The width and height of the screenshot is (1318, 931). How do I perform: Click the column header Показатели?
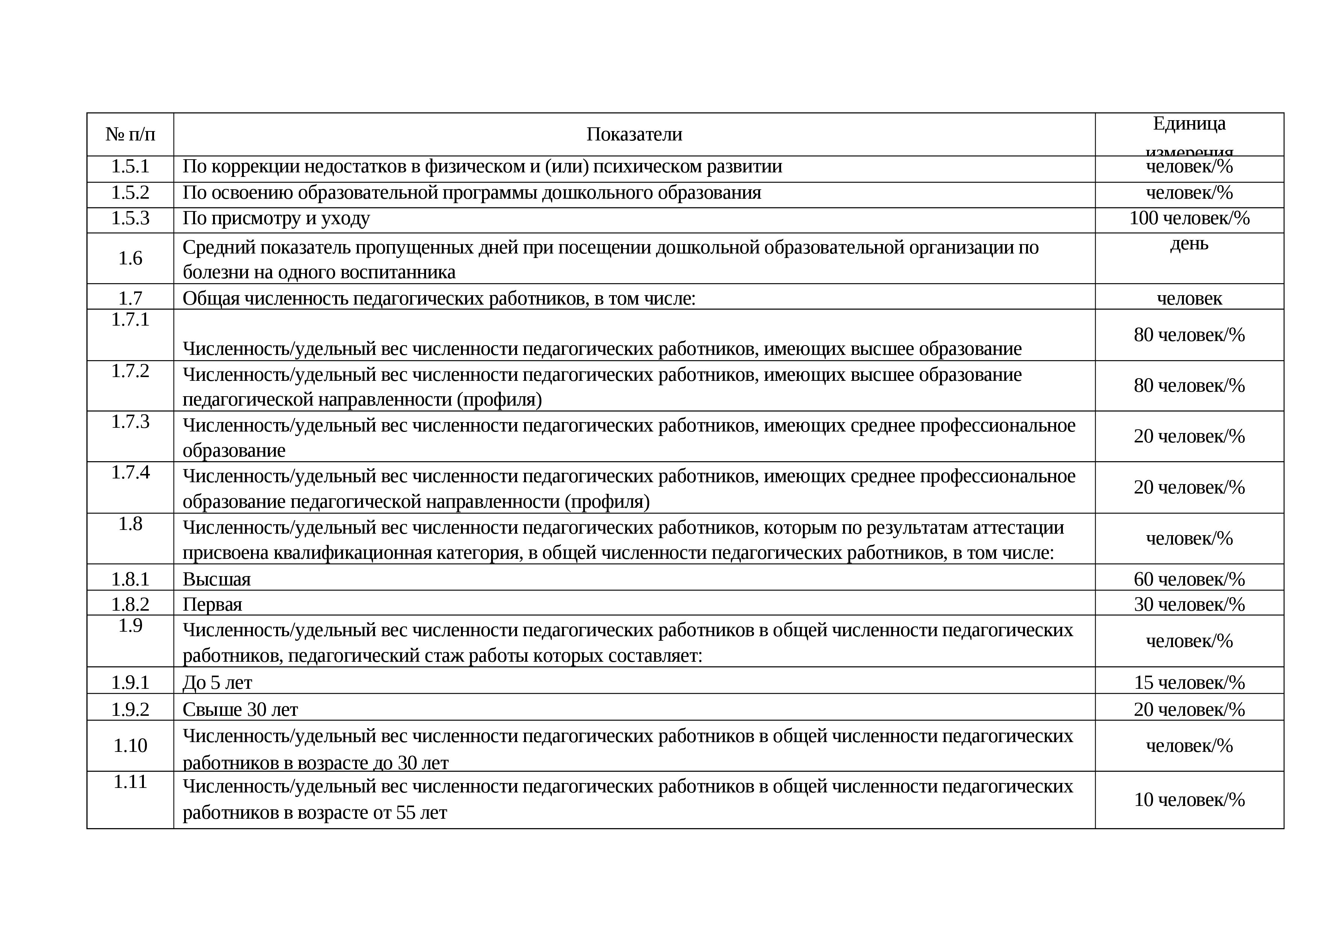(x=634, y=134)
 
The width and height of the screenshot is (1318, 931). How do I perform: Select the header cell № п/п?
(x=130, y=134)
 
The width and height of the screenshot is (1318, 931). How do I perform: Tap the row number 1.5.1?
(x=130, y=166)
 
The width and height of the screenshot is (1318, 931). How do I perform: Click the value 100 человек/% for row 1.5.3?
(x=1189, y=218)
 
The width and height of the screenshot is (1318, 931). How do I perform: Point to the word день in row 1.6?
(x=1189, y=244)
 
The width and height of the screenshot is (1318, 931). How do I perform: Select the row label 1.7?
(x=130, y=298)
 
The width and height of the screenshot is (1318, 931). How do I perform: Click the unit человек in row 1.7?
(x=1189, y=298)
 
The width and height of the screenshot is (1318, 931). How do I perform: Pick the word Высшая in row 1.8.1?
(x=216, y=579)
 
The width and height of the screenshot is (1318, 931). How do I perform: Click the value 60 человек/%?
(x=1189, y=579)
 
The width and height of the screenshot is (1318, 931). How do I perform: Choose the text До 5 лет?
(x=217, y=683)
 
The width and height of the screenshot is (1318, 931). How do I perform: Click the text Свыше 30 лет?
(x=240, y=709)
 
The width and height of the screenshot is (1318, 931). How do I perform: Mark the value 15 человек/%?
(x=1189, y=683)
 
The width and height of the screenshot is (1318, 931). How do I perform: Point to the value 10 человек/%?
(x=1189, y=800)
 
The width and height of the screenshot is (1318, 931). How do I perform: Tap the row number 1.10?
(x=130, y=746)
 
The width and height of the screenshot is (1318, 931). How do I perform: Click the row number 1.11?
(x=130, y=782)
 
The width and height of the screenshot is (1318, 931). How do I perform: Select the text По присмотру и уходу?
(x=276, y=218)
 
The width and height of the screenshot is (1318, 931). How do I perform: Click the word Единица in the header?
(x=1189, y=123)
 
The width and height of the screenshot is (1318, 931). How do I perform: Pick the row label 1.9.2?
(x=130, y=709)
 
